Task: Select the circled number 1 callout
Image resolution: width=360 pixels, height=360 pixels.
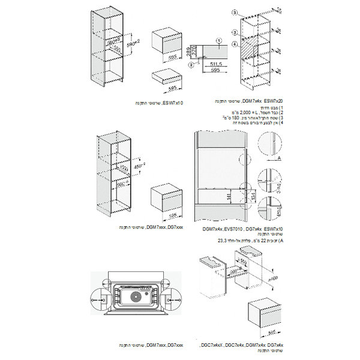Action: (x=220, y=40)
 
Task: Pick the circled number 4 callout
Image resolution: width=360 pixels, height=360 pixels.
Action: (x=235, y=44)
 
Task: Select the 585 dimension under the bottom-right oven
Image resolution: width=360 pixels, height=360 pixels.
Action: (x=272, y=331)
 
